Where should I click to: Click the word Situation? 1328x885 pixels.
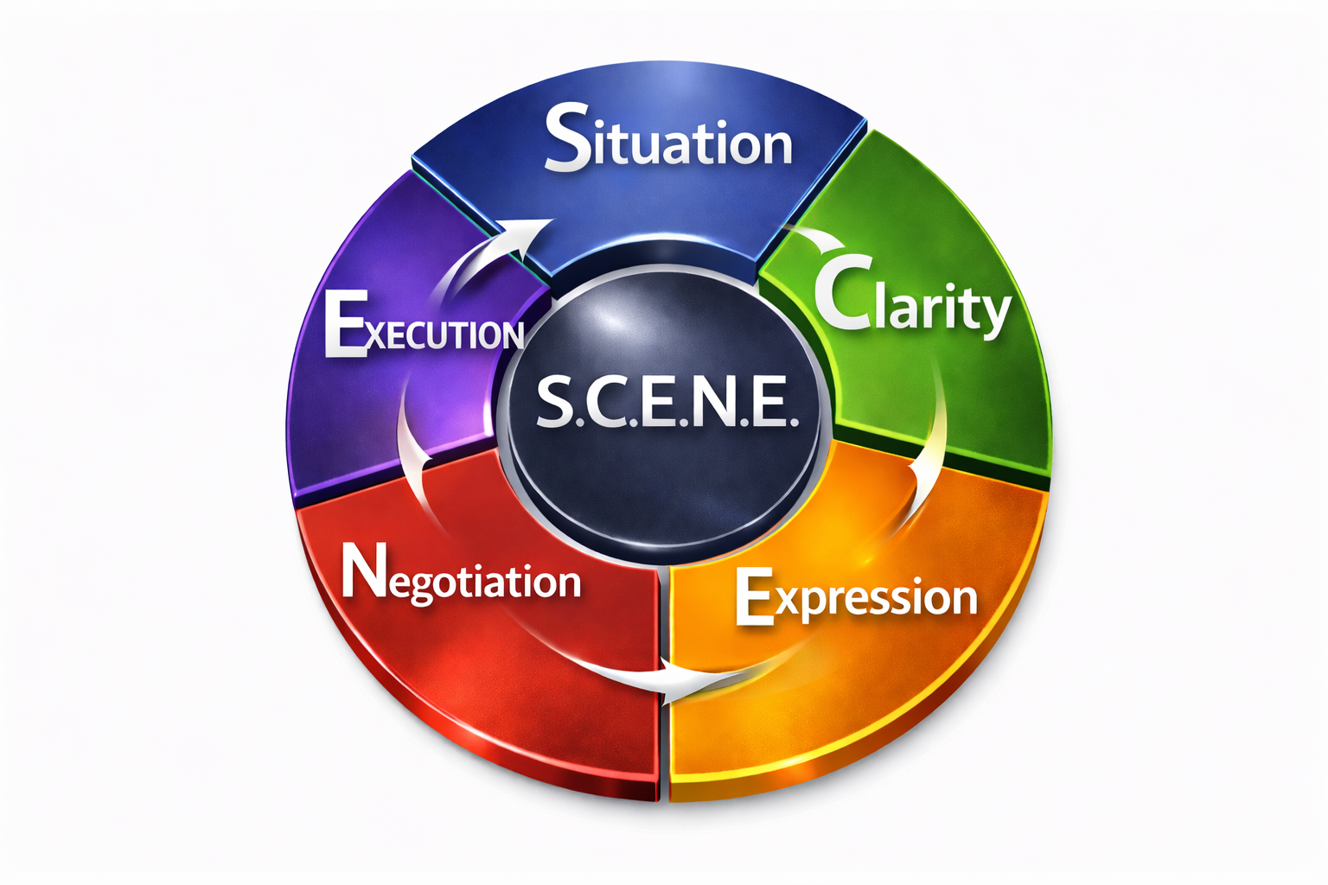[668, 140]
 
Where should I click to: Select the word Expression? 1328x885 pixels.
[856, 596]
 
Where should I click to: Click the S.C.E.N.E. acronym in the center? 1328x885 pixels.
[664, 403]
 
